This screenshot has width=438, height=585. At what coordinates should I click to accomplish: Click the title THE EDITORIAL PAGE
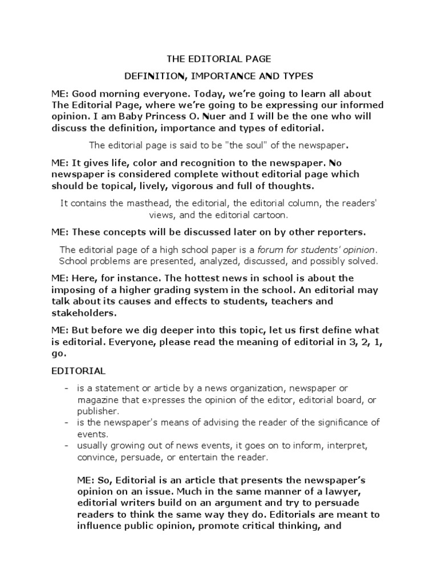click(218, 58)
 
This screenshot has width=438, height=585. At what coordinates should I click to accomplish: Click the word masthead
click(151, 203)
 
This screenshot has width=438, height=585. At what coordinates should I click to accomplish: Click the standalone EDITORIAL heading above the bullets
click(79, 371)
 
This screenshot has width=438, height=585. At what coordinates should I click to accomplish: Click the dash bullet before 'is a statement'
click(67, 388)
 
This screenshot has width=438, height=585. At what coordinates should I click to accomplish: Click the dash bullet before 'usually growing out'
click(67, 446)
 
